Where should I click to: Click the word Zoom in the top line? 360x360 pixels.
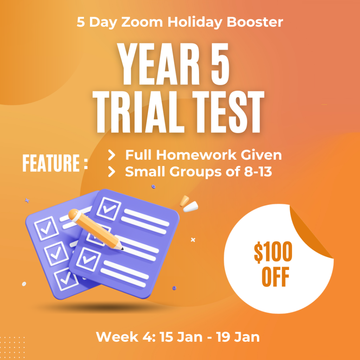[x=142, y=22]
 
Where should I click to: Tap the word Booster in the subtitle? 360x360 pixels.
[x=255, y=22]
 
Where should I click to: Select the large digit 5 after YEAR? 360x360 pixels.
[x=220, y=64]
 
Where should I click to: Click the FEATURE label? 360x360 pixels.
[x=55, y=163]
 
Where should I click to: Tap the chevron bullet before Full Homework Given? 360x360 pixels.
[x=111, y=155]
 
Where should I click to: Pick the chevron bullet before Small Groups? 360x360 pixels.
[x=111, y=172]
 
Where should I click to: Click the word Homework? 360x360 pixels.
[x=196, y=155]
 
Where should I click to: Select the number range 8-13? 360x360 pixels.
[x=258, y=172]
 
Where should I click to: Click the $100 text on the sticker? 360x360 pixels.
[x=273, y=252]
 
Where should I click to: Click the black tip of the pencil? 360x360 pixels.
[x=122, y=249]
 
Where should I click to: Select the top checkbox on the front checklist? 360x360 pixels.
[x=109, y=208]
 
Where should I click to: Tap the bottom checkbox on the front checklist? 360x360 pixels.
[x=89, y=259]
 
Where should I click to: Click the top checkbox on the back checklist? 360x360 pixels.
[x=46, y=228]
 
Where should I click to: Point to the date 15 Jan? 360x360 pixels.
[x=181, y=337]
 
